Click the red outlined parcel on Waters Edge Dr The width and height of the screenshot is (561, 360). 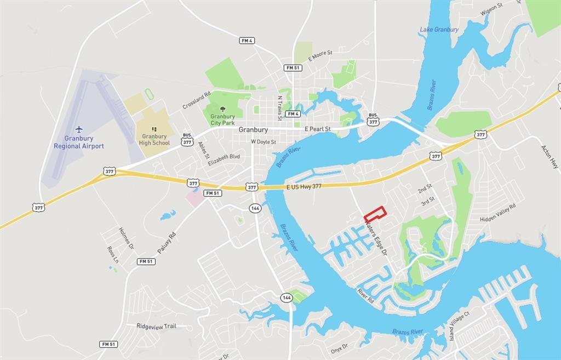click(x=375, y=214)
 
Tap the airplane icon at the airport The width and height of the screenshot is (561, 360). click(x=79, y=129)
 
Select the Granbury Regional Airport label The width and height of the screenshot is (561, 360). click(x=79, y=142)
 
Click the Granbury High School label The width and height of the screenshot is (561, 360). click(x=154, y=140)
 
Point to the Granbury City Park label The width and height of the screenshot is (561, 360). click(x=222, y=119)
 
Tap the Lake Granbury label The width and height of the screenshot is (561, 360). click(x=439, y=30)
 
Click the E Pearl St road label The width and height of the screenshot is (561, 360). click(x=317, y=129)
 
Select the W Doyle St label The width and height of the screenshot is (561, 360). click(x=264, y=142)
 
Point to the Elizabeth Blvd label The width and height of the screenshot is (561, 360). click(x=224, y=157)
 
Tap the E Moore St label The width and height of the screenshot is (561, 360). click(x=320, y=53)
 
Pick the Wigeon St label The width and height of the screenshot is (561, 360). click(x=491, y=8)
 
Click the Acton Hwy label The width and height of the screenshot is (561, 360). click(x=548, y=156)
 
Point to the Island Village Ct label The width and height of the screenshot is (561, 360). click(x=460, y=326)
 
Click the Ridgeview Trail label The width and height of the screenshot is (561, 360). click(x=156, y=326)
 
